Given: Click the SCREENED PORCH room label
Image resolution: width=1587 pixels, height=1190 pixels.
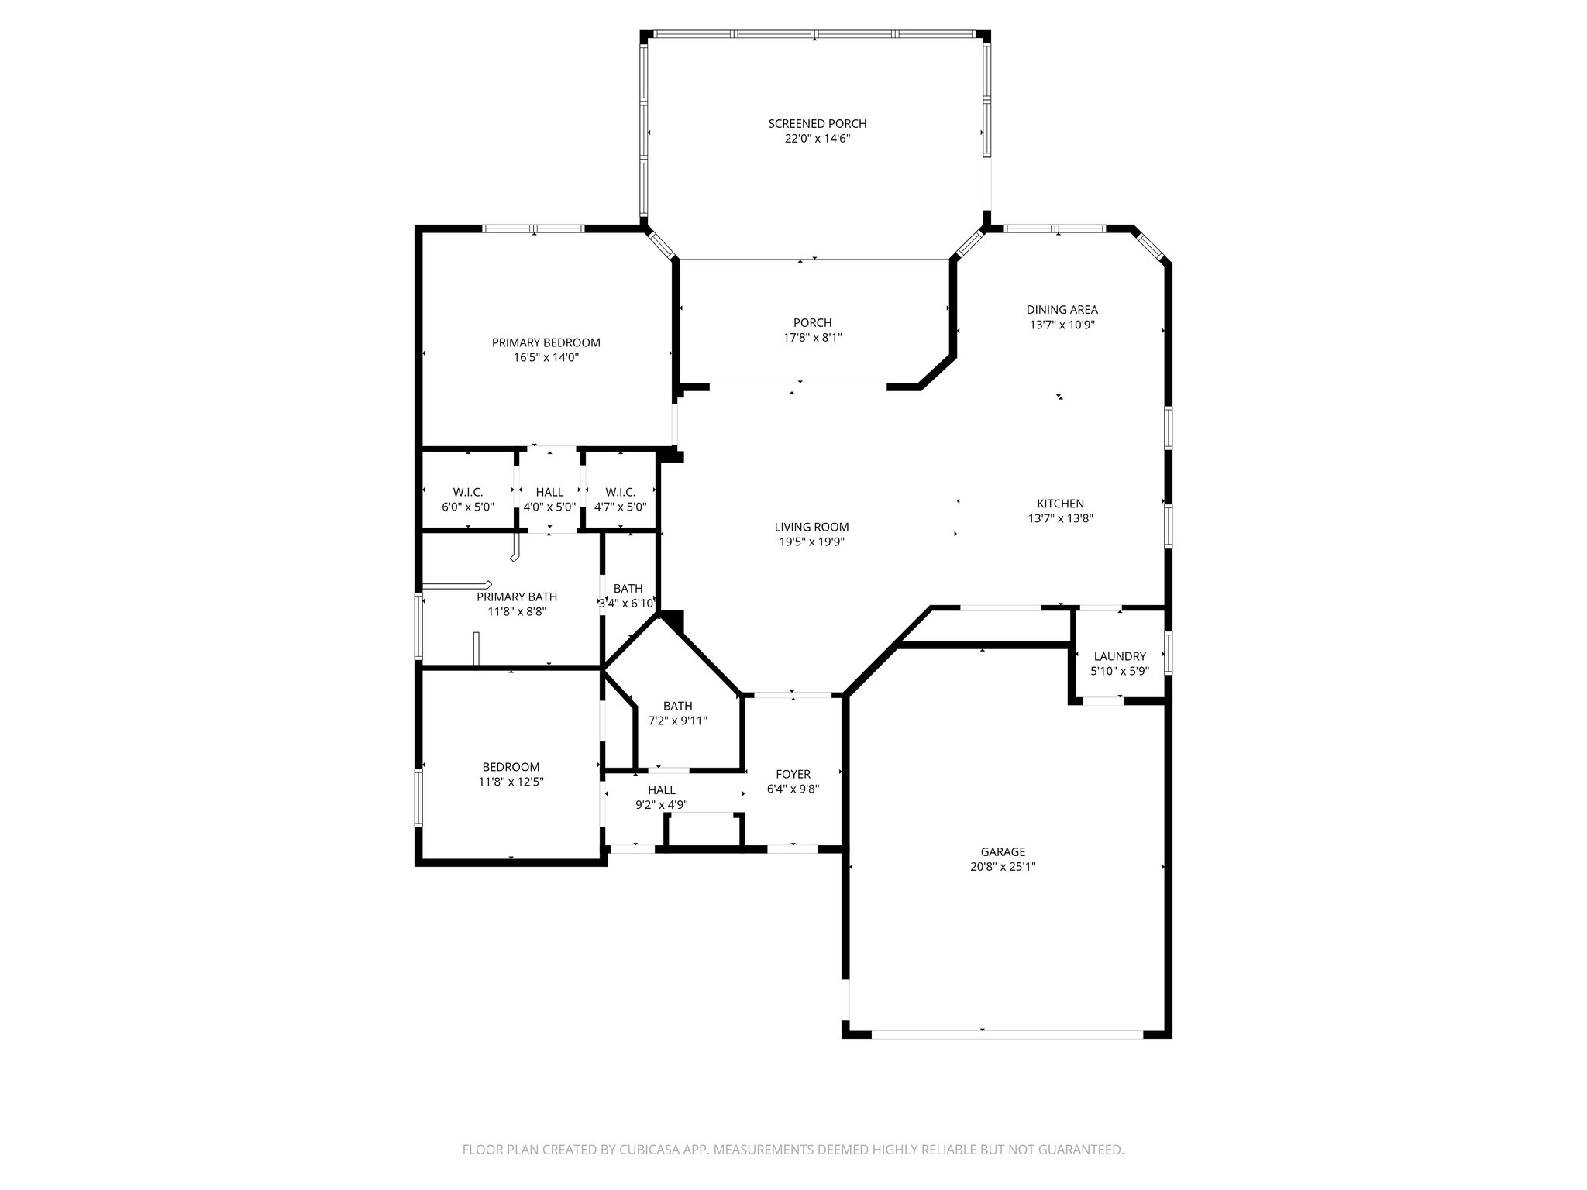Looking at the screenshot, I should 817,124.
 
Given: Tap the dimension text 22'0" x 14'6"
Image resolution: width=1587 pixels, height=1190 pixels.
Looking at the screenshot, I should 817,139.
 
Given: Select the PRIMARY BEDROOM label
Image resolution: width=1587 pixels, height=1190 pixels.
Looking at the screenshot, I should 546,342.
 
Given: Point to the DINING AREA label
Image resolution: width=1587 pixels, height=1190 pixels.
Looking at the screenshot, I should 1062,310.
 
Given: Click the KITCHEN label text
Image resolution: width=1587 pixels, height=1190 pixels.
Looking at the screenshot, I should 1060,504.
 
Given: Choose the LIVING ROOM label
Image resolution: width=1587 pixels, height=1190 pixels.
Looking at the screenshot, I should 811,527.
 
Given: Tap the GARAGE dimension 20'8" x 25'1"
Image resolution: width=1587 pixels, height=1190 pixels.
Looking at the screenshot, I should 1003,867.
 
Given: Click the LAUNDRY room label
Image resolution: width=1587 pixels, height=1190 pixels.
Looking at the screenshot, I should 1119,656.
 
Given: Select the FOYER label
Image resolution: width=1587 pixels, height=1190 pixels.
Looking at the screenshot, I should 793,774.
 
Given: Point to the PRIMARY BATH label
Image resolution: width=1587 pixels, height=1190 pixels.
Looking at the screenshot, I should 516,597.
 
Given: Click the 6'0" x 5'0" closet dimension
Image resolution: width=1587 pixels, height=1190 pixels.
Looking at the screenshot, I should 467,507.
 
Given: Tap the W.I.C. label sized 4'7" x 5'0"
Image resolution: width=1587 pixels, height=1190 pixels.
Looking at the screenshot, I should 620,492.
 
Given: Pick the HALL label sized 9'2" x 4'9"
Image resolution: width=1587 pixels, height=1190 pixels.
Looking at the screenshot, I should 661,790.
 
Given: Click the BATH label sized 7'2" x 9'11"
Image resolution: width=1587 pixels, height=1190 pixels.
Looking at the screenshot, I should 677,706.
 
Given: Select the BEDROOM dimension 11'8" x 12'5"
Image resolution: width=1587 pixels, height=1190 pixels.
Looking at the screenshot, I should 511,782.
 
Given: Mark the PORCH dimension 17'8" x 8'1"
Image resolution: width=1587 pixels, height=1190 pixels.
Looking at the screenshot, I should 812,338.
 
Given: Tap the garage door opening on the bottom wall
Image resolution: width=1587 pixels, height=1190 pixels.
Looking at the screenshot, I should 1006,1034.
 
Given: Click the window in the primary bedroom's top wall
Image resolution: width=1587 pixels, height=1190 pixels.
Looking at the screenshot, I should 533,229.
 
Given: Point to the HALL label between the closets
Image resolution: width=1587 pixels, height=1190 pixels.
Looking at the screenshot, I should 549,492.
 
